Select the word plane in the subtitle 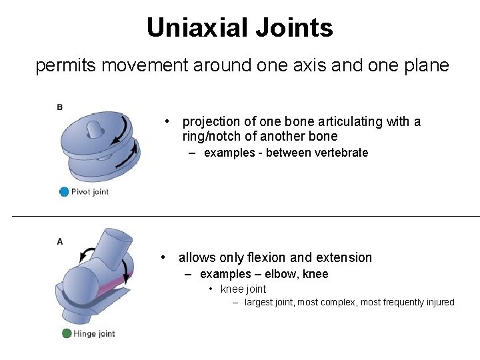(x=427, y=66)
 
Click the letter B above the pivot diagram (x=60, y=107)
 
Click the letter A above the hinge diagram (x=60, y=241)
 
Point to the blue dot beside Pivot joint (x=64, y=191)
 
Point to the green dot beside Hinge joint (x=67, y=333)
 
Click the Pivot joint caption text (x=90, y=192)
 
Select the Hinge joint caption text (x=94, y=334)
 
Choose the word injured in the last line (x=437, y=303)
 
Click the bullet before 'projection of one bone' (x=169, y=121)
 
